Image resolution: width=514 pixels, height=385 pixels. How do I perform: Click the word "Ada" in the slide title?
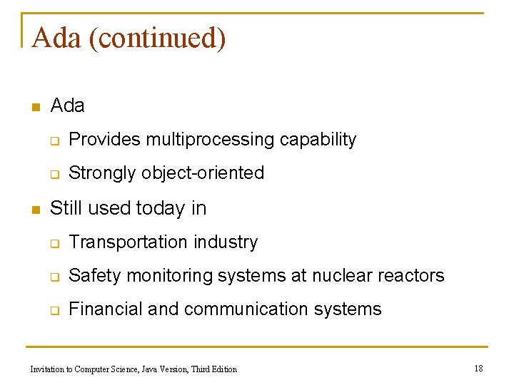(56, 38)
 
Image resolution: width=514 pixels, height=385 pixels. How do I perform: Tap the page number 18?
(478, 368)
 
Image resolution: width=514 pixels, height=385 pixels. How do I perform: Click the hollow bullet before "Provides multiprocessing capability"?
(54, 140)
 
